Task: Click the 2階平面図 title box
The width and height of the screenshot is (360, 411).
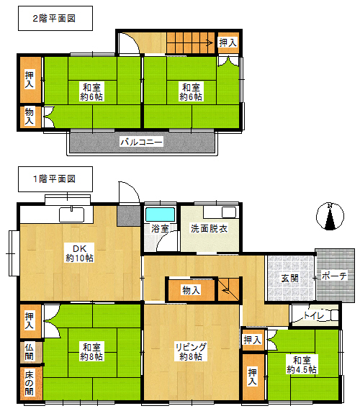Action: pos(55,18)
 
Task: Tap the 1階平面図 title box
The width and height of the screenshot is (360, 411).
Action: pos(55,179)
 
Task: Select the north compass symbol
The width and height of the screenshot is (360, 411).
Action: pos(330,217)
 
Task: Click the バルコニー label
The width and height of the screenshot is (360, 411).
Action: pos(141,142)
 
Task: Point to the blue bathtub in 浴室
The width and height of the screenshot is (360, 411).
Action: pos(161,215)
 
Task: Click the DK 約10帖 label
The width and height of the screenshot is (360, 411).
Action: pos(79,253)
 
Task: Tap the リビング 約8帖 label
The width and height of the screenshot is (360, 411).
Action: pos(191,352)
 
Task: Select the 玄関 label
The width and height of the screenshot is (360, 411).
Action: pos(289,279)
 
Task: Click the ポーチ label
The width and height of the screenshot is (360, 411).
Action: pos(334,276)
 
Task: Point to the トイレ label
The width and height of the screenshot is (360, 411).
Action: pos(314,315)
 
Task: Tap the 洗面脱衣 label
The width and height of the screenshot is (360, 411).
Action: pos(209,229)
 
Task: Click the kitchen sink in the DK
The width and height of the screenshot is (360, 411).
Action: pos(71,215)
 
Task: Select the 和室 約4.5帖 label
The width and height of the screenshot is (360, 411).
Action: pos(302,365)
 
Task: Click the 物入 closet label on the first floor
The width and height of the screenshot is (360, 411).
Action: pos(191,290)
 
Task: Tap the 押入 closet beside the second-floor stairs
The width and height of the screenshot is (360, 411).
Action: pos(228,42)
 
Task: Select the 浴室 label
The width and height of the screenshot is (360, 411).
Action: pos(160,228)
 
